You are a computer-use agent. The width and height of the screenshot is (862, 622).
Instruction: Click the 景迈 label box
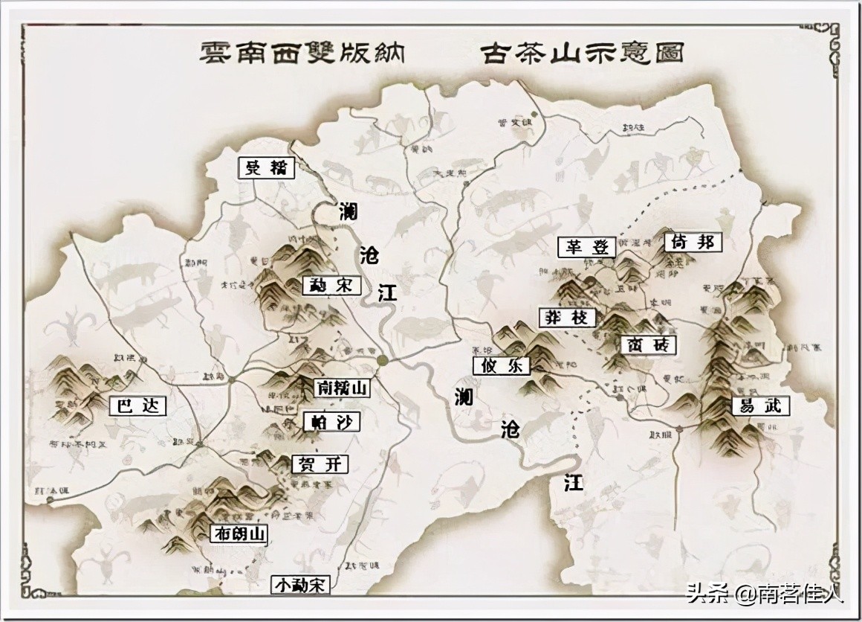click(266, 167)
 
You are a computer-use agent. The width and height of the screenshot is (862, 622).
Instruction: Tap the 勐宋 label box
click(331, 285)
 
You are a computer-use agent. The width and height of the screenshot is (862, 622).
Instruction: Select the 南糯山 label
click(342, 388)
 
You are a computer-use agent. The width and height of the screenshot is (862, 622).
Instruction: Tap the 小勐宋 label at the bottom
click(300, 585)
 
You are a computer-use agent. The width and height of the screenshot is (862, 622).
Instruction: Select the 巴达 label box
click(137, 406)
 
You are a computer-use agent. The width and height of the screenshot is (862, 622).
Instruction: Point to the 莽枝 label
click(568, 318)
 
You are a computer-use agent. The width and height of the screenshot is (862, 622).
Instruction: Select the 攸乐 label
click(501, 365)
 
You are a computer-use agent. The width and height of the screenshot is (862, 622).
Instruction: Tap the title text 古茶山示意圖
click(582, 53)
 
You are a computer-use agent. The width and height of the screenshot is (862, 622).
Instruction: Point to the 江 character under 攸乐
click(573, 484)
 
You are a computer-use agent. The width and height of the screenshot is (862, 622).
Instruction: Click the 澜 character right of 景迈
click(347, 211)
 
